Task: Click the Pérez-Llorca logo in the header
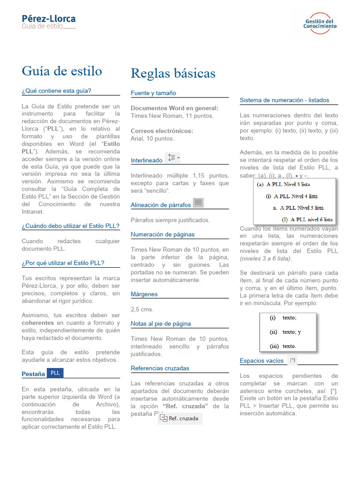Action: [48, 22]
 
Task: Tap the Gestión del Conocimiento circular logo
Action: [320, 23]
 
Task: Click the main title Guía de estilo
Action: [62, 71]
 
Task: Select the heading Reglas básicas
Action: [173, 73]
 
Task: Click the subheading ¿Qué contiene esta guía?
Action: [57, 91]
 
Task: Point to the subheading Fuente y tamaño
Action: [153, 93]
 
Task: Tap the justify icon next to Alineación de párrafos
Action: [198, 203]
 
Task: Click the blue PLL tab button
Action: [55, 373]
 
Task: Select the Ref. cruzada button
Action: [180, 418]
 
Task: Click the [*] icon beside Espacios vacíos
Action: [292, 360]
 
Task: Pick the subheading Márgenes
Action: [144, 294]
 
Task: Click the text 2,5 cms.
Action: [142, 309]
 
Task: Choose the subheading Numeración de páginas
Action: [163, 234]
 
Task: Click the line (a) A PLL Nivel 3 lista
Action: [283, 185]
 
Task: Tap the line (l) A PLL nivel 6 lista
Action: [307, 219]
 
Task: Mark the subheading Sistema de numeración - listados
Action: [285, 100]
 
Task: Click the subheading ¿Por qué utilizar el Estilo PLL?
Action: [63, 263]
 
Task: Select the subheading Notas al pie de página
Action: [161, 323]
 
